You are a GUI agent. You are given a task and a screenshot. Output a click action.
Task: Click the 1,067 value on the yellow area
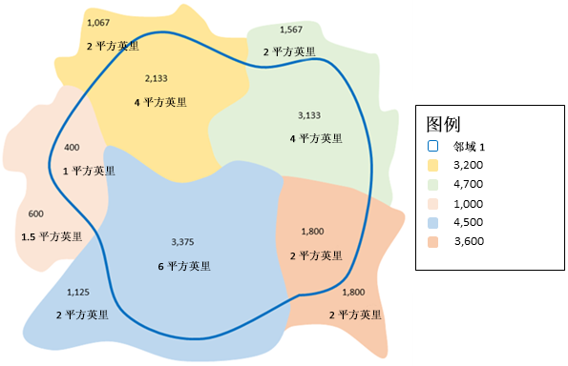pyautogui.click(x=97, y=21)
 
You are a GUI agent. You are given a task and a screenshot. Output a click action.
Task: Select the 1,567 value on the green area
pyautogui.click(x=291, y=30)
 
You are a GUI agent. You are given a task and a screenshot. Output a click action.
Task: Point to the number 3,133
pyautogui.click(x=309, y=115)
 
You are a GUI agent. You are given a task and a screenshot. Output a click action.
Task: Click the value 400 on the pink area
pyautogui.click(x=72, y=148)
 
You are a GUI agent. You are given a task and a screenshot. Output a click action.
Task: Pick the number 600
pyautogui.click(x=36, y=213)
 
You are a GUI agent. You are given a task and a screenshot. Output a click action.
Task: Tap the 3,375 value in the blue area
pyautogui.click(x=181, y=241)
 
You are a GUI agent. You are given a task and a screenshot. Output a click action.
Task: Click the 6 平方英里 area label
pyautogui.click(x=183, y=266)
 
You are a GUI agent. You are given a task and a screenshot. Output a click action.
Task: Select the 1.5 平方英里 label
pyautogui.click(x=52, y=236)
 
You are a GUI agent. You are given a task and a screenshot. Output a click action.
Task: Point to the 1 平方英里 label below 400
pyautogui.click(x=88, y=172)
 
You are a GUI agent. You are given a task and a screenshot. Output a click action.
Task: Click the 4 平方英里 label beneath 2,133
pyautogui.click(x=161, y=101)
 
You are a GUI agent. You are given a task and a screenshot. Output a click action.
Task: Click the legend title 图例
pyautogui.click(x=445, y=124)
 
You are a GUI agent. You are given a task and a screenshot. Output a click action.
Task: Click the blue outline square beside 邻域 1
pyautogui.click(x=432, y=146)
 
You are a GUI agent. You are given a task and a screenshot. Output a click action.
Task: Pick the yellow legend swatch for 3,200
pyautogui.click(x=432, y=165)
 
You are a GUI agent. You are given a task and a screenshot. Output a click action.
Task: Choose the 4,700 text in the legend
pyautogui.click(x=471, y=184)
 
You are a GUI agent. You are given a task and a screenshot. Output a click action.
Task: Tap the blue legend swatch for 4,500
pyautogui.click(x=432, y=222)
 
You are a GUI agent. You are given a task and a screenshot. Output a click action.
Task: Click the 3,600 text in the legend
pyautogui.click(x=471, y=241)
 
